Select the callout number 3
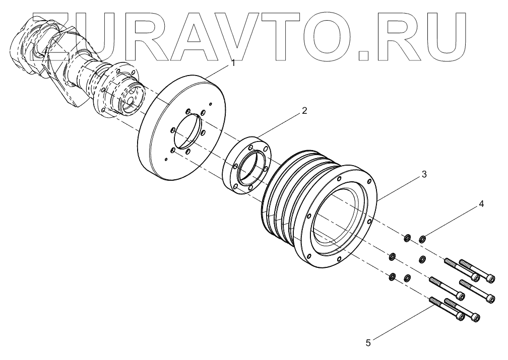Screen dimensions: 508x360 (x=424, y=174)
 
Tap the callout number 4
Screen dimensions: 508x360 (x=481, y=204)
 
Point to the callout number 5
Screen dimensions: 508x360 (x=368, y=343)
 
